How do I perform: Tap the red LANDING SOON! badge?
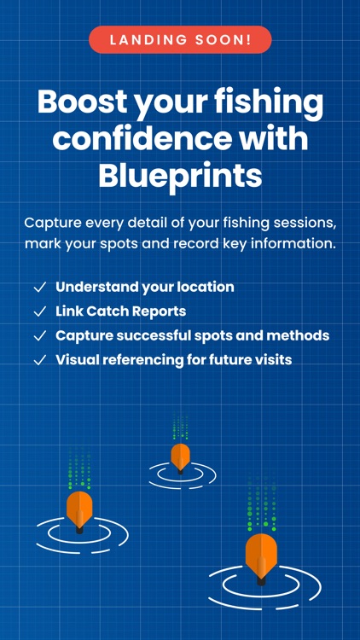(x=180, y=40)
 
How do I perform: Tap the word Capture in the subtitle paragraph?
(x=54, y=223)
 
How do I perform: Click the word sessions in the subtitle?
(x=303, y=223)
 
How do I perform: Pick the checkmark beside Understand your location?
(x=39, y=288)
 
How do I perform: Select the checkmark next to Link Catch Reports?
(x=39, y=311)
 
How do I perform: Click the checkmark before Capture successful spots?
(x=39, y=336)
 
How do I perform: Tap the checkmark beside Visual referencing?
(x=39, y=360)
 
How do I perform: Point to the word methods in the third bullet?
(x=304, y=335)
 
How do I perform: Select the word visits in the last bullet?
(x=270, y=359)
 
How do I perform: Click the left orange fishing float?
(x=79, y=509)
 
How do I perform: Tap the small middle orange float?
(x=180, y=457)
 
